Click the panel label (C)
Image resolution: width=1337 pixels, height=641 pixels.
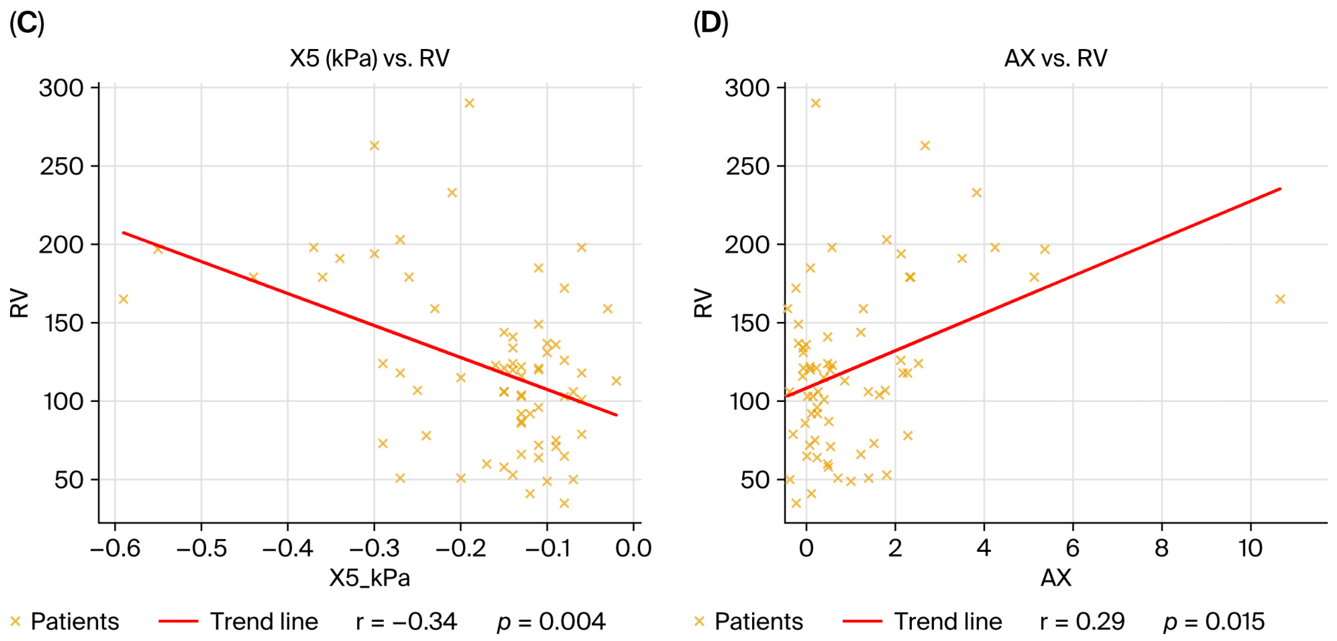[27, 24]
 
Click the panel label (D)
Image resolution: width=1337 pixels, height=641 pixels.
[710, 24]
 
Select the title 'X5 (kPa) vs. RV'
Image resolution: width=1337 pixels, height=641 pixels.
[369, 58]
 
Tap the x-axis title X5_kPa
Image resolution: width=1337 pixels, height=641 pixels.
[369, 578]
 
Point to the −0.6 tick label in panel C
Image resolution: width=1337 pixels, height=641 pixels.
[115, 548]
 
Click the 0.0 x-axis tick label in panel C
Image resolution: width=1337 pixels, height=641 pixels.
[633, 548]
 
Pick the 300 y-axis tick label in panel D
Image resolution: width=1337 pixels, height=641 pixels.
[747, 88]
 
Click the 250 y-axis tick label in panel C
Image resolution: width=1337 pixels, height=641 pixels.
[61, 167]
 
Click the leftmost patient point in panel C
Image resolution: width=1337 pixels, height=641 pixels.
[123, 299]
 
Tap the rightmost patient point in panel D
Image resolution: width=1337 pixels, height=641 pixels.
[1280, 299]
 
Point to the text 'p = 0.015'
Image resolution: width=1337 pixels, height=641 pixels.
[1214, 621]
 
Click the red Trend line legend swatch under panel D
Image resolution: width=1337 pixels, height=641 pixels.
[862, 621]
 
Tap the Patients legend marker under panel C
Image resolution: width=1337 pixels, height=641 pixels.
[15, 621]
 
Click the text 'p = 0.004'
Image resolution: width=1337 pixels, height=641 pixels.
[551, 621]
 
